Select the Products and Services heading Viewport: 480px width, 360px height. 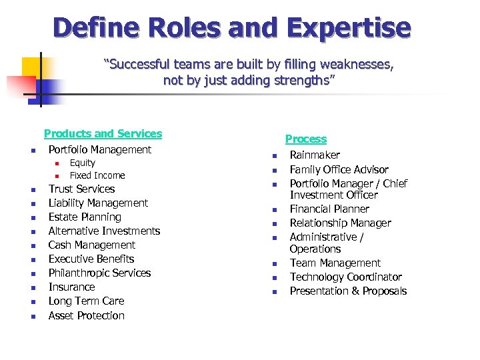tap(103, 133)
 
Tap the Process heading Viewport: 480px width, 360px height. tap(306, 139)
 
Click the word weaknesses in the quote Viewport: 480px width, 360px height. tap(357, 65)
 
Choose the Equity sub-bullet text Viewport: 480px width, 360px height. tap(83, 163)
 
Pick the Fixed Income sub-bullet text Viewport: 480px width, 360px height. tap(97, 175)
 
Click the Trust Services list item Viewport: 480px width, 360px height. tap(81, 189)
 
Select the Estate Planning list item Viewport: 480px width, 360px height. tap(85, 217)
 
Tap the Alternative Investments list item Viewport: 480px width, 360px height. tap(104, 231)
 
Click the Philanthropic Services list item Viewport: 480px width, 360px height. tap(99, 273)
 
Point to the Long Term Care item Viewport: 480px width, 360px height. tap(86, 301)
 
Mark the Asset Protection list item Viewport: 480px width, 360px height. tap(87, 315)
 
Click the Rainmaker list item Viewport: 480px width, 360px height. tap(315, 155)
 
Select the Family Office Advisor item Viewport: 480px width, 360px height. tap(339, 169)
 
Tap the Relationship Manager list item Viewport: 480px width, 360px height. tap(340, 223)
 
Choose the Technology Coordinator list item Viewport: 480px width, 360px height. tap(345, 277)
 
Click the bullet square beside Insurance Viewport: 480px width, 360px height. tap(32, 288)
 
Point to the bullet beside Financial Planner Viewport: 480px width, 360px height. tap(273, 210)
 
